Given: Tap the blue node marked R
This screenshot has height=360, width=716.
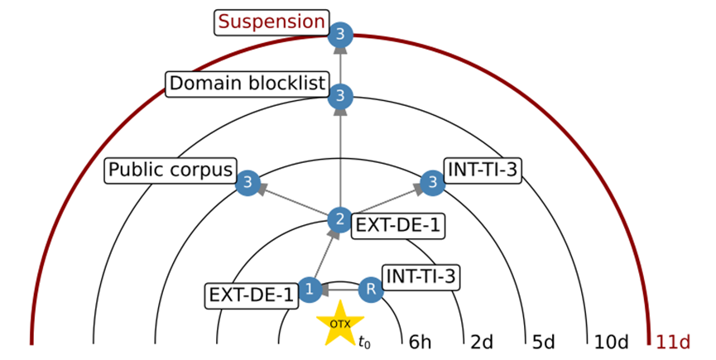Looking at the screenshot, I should [372, 290].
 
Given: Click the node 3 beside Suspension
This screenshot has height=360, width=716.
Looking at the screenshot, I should [340, 35].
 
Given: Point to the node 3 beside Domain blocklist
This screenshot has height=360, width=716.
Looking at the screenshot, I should [340, 97].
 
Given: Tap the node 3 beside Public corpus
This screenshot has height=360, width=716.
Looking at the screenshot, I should [247, 183].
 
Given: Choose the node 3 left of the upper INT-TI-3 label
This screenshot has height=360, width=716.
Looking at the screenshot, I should [432, 183].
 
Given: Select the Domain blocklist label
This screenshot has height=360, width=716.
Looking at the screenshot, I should [247, 84].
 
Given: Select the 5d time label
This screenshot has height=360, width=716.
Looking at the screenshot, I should [545, 341].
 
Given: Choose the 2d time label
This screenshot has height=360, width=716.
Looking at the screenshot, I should [483, 341].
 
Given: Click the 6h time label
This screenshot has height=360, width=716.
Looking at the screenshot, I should [420, 341].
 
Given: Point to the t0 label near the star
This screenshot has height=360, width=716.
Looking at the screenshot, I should [365, 340].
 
